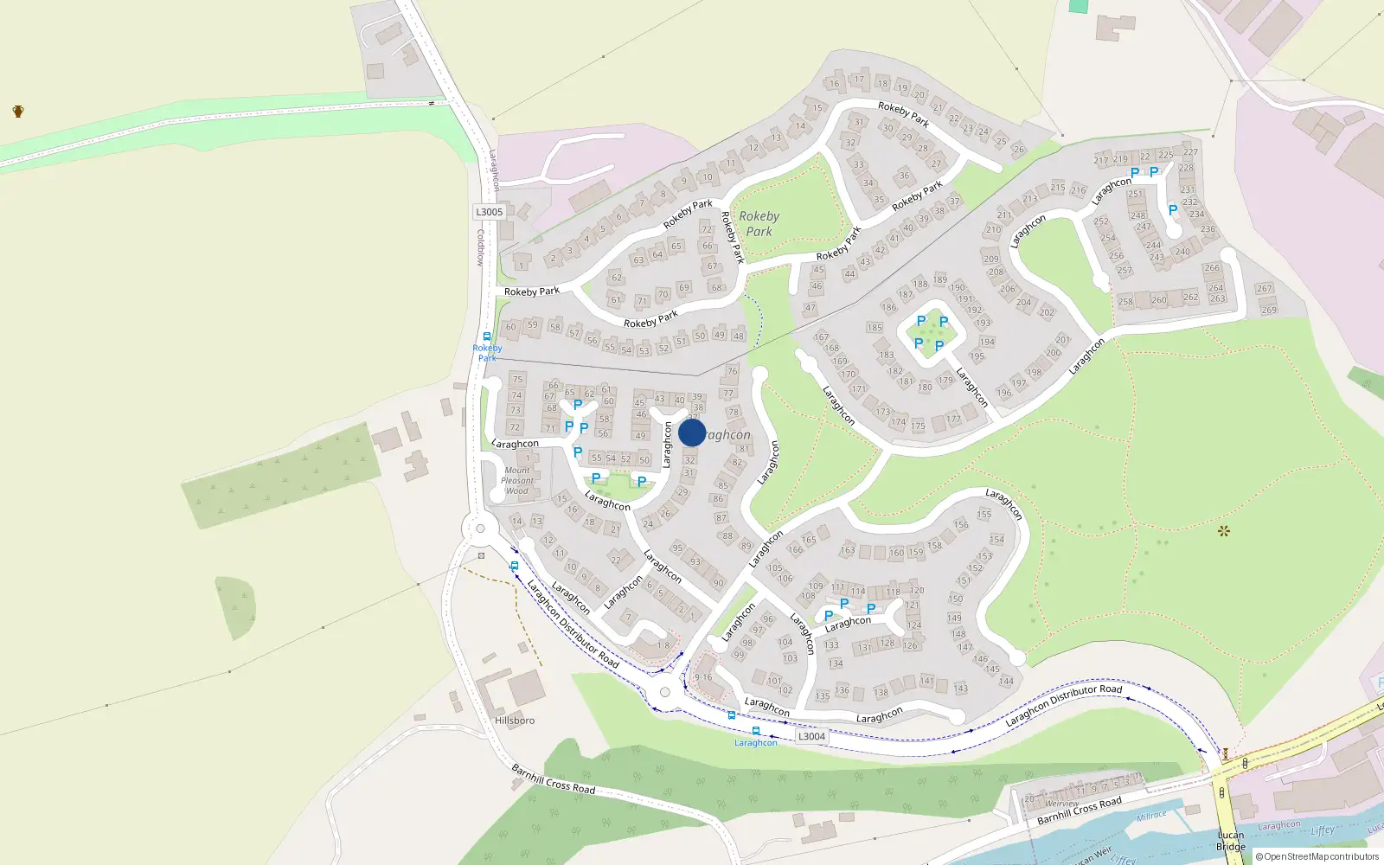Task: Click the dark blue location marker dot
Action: coord(692,432)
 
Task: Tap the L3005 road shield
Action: coord(489,212)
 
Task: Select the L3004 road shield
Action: coord(811,736)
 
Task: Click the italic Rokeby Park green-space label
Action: coord(759,223)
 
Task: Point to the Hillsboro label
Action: coord(515,720)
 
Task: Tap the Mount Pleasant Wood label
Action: coord(517,481)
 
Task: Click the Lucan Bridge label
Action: coord(1231,841)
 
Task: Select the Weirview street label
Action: coord(1062,804)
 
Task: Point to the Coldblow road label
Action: coord(481,247)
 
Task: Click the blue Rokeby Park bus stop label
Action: coord(488,353)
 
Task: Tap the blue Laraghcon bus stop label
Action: coord(756,743)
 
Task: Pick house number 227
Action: coord(1190,152)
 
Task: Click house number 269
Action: coord(1269,310)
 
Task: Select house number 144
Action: coord(1006,682)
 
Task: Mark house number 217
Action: coord(1100,160)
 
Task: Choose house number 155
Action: coord(984,514)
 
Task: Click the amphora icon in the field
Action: coord(18,111)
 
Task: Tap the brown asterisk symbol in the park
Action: coord(1223,531)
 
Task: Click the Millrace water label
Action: coord(1151,816)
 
